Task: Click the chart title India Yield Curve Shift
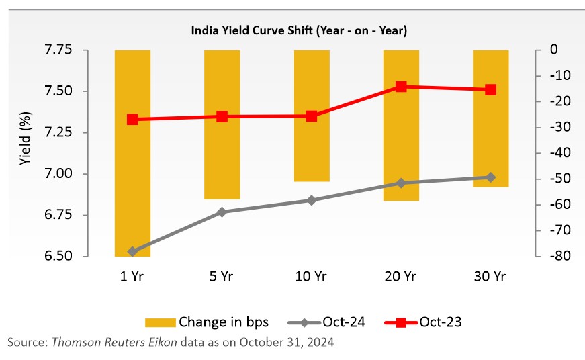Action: [x=299, y=31]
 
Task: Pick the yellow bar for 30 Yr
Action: [x=490, y=118]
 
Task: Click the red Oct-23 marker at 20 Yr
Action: [x=401, y=87]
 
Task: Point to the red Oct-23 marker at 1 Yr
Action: [x=132, y=120]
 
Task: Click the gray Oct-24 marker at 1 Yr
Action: [x=132, y=252]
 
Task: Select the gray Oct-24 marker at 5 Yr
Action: [x=222, y=212]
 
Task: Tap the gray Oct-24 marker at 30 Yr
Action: [x=490, y=177]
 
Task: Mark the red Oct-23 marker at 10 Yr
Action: [x=312, y=116]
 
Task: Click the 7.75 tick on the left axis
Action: [x=77, y=50]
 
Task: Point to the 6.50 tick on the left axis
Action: [x=77, y=257]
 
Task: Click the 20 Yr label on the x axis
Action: [x=401, y=277]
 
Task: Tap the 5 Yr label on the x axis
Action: [x=222, y=277]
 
